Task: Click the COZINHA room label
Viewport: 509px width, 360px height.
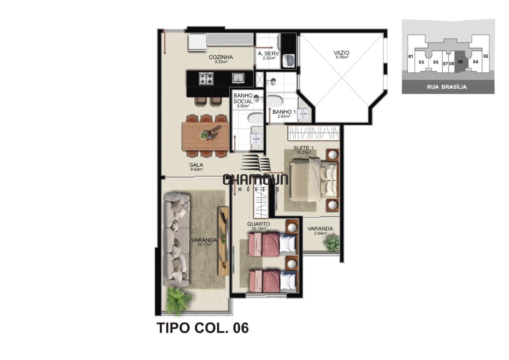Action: tap(221, 57)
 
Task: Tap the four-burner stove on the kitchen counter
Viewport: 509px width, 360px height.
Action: tap(206, 78)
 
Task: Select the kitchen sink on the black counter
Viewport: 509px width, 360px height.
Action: tap(238, 77)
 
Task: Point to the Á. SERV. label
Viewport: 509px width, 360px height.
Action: tap(269, 54)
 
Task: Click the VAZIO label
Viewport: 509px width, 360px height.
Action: tap(342, 53)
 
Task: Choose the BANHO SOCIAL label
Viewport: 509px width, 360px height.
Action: tap(243, 98)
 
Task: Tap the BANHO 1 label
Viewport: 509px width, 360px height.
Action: tap(284, 112)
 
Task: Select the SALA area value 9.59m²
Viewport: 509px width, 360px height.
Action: tap(196, 170)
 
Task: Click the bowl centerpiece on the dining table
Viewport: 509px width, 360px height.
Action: tap(204, 135)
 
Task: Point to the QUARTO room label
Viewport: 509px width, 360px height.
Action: tap(258, 224)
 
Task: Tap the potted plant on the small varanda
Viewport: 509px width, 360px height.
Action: tap(332, 243)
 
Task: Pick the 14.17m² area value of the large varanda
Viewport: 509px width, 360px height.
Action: tap(204, 245)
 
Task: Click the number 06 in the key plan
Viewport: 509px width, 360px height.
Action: tap(460, 62)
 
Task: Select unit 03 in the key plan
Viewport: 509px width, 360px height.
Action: tap(421, 62)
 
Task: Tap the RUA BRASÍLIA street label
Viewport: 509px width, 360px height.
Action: tap(447, 87)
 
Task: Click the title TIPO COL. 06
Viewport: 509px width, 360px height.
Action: tap(202, 328)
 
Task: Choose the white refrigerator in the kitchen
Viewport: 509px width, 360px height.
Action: tap(197, 43)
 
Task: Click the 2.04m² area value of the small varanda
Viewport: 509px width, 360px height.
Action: tap(321, 234)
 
